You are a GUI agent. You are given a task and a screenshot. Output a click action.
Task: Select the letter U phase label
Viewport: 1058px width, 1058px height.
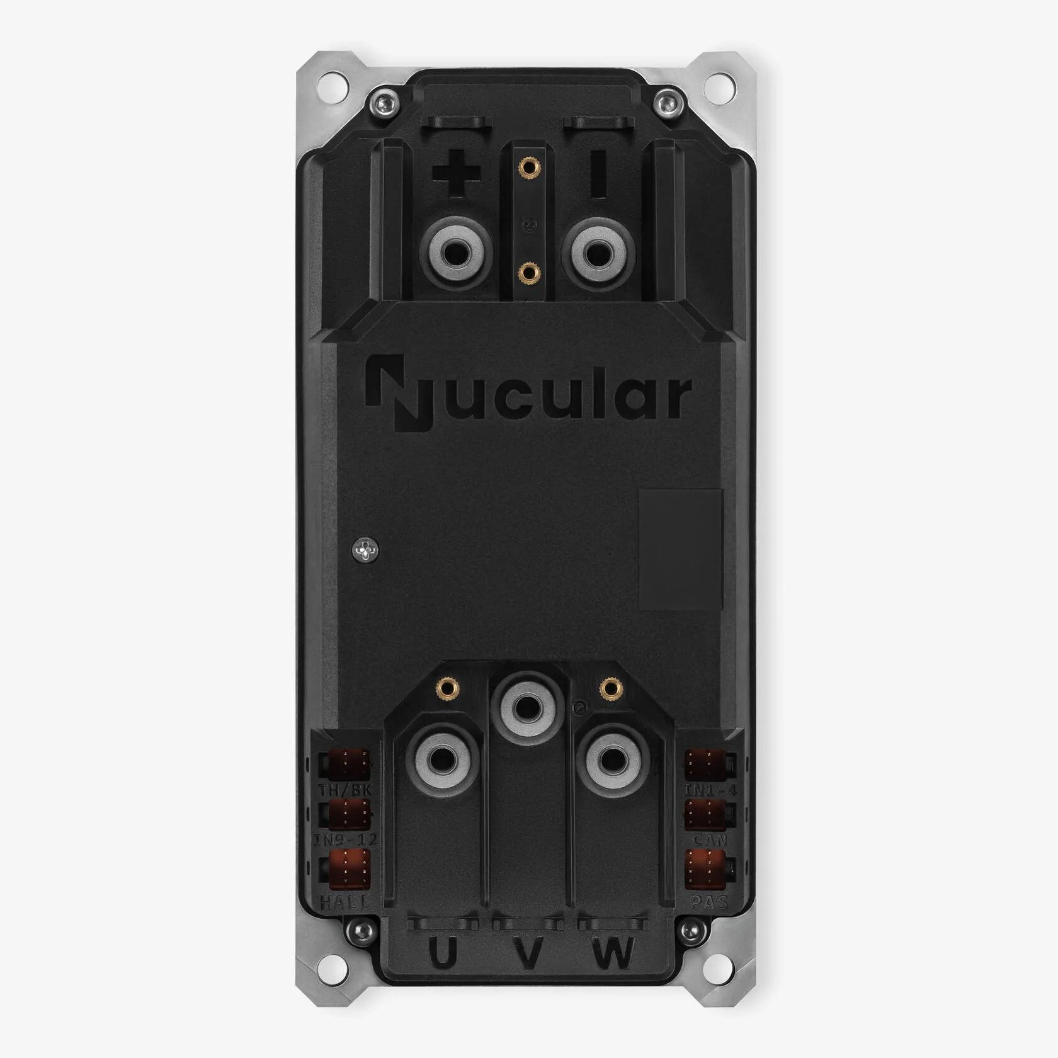[443, 955]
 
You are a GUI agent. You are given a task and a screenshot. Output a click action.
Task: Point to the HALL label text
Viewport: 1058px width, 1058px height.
[345, 902]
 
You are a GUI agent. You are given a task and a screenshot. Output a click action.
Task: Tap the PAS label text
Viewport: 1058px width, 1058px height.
[710, 902]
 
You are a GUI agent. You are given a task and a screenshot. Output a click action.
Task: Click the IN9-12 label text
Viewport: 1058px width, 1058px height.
[345, 840]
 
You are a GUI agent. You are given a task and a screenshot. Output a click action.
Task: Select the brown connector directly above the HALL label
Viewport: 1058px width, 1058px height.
[346, 869]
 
